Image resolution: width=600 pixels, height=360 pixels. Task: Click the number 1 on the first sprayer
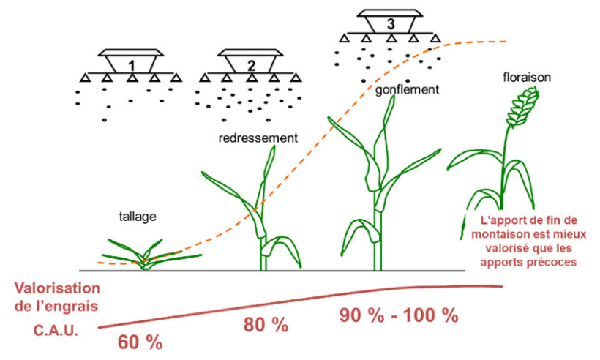coord(131,64)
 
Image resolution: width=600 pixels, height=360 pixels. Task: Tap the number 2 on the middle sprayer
coord(251,64)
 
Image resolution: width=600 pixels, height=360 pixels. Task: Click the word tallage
coord(138,217)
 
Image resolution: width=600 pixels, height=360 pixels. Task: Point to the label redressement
coord(259,137)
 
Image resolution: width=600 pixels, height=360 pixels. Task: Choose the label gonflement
coord(406,91)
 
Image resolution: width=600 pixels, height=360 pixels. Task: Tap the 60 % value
coord(140,340)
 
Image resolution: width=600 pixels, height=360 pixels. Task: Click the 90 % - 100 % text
coord(399,316)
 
